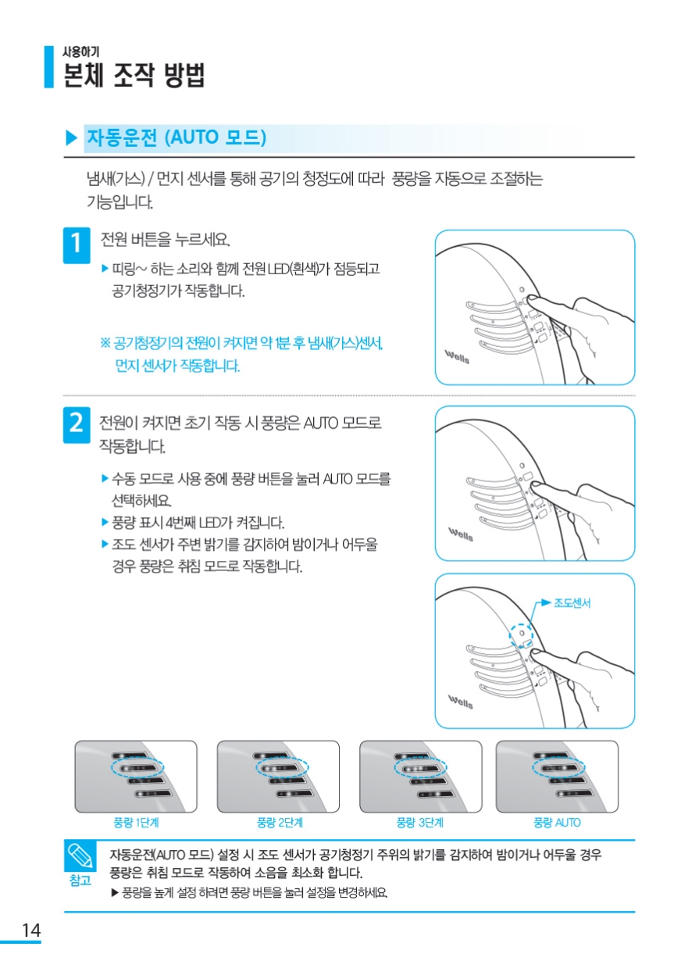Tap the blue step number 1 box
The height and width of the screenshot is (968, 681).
tap(77, 245)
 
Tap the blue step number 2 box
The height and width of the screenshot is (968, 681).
tap(77, 424)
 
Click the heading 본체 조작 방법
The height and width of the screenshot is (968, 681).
tap(134, 75)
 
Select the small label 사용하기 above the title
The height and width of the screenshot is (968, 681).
tap(80, 52)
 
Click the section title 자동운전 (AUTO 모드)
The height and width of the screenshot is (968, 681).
tap(176, 138)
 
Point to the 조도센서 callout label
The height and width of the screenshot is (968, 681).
tap(572, 603)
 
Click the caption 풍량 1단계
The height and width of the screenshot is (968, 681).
tap(136, 822)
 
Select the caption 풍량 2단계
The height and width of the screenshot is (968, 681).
tap(280, 822)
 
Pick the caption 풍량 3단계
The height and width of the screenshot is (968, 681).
tap(419, 822)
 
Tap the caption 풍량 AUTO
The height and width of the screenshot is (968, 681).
tap(557, 822)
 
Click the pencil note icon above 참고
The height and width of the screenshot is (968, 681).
tap(80, 856)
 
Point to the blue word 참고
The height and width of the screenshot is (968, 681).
tap(80, 880)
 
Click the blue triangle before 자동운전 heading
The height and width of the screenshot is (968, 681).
tap(71, 138)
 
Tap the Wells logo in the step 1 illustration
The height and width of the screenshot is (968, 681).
tap(457, 357)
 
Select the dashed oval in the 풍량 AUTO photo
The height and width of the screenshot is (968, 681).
tap(558, 768)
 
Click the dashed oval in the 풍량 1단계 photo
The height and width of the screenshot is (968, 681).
tap(137, 768)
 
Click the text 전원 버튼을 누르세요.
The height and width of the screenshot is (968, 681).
tap(165, 239)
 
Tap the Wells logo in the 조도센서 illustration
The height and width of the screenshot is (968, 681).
tap(461, 702)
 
